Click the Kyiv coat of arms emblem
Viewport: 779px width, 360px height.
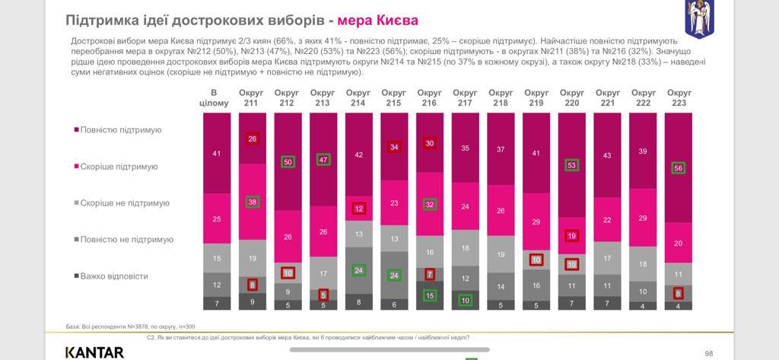coord(699,19)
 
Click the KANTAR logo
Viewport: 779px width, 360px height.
coord(94,352)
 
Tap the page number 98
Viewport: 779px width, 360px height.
coord(709,352)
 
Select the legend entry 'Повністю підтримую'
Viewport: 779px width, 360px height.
coord(121,129)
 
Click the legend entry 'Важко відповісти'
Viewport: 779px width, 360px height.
coord(114,276)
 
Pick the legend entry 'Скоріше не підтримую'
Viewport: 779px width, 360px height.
coord(125,203)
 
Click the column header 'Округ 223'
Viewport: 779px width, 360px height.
coord(679,97)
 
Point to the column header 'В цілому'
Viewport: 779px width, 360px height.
coord(214,97)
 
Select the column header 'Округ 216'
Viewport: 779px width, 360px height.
coord(429,97)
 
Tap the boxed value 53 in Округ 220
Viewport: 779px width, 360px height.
coord(572,165)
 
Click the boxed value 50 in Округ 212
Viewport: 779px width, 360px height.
coord(288,162)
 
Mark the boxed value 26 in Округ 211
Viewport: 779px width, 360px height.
coord(252,139)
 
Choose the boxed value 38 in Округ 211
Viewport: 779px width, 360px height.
coord(252,202)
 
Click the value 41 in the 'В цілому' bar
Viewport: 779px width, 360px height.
coord(216,154)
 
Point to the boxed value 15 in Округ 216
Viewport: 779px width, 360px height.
coord(429,295)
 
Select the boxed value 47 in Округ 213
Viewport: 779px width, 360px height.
coord(323,160)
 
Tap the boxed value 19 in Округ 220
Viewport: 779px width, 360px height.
coord(572,237)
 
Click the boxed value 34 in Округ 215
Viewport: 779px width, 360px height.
coord(394,147)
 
